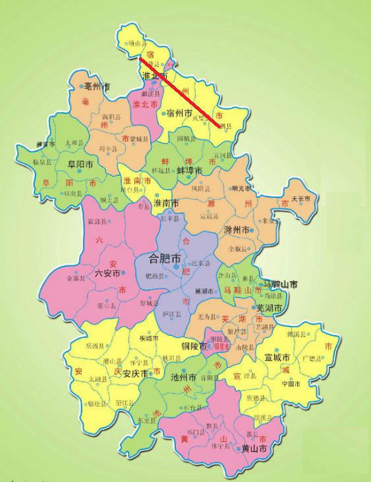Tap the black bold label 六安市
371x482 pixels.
[108, 273]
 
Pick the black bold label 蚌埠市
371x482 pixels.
[189, 170]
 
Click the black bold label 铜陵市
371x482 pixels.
[195, 344]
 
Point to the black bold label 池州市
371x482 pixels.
[183, 379]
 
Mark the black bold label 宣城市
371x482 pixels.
[277, 358]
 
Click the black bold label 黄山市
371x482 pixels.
[254, 448]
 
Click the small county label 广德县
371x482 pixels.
[310, 359]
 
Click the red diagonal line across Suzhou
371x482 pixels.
[179, 92]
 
